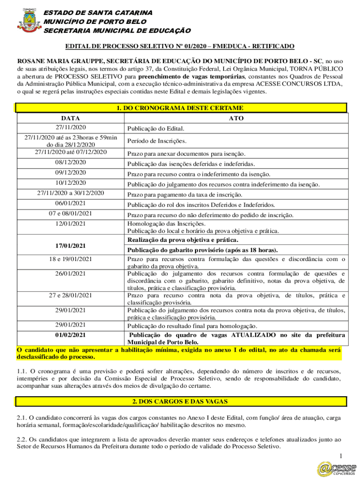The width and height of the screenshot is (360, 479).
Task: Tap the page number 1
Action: point(342,456)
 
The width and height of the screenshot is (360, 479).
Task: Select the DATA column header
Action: point(70,118)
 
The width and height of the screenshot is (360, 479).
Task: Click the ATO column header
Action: point(236,118)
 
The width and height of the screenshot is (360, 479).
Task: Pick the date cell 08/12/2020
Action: point(70,162)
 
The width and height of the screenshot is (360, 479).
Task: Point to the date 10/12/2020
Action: point(70,182)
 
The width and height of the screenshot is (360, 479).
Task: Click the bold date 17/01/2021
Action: point(70,245)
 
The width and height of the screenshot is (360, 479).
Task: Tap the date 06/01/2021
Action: point(70,203)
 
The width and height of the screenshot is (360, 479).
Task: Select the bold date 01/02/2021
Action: point(70,335)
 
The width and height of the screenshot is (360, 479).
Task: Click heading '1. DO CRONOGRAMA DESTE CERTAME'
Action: point(180,108)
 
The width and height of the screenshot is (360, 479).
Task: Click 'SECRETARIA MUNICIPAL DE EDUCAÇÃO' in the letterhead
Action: point(117,31)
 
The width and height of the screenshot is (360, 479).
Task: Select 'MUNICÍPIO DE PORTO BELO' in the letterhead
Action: point(95,22)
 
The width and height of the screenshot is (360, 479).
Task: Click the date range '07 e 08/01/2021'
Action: point(70,213)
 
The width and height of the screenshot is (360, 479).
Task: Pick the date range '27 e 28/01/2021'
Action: point(70,295)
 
